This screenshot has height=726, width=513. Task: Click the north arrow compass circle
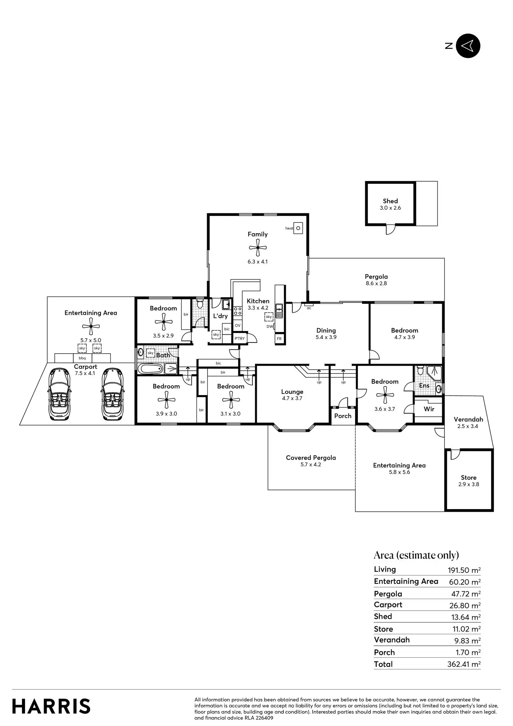[468, 46]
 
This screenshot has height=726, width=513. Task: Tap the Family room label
[258, 234]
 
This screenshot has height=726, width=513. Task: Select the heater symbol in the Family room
[298, 228]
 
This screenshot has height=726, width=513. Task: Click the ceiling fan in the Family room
[258, 248]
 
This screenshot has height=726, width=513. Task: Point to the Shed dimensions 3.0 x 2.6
[390, 208]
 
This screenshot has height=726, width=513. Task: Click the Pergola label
[376, 277]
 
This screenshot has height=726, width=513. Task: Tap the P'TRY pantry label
[240, 338]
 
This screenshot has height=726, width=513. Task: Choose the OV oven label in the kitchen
[238, 325]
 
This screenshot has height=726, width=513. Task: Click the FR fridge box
[279, 339]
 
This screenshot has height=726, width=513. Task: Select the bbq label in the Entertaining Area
[82, 358]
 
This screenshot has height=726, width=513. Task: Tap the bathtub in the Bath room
[151, 369]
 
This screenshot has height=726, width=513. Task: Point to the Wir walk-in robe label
[429, 409]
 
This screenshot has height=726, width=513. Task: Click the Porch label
[343, 416]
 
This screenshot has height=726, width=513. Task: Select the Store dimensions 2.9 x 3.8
[469, 484]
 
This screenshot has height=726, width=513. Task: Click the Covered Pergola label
[311, 458]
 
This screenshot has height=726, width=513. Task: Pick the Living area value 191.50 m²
[464, 570]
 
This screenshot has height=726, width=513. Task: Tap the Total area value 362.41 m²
[464, 664]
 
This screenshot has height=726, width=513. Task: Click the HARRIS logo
[51, 706]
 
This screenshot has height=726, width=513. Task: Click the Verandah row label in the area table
[392, 640]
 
